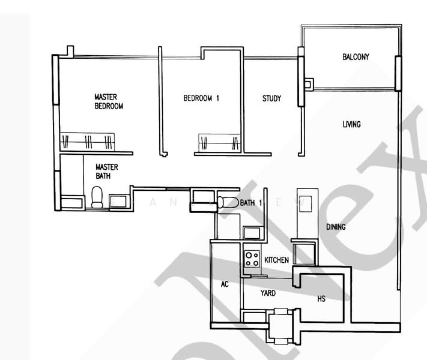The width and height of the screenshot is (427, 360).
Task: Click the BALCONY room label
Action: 356,58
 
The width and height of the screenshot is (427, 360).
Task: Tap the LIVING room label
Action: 351,125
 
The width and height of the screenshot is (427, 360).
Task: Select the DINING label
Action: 336,227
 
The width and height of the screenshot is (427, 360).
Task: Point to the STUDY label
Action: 271,99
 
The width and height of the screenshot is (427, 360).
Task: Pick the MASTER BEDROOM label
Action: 109,101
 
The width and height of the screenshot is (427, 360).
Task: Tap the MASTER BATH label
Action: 107,172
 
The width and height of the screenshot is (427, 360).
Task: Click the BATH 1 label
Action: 252,203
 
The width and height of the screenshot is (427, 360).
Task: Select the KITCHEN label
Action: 277,260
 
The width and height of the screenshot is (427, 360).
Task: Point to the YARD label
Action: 268,293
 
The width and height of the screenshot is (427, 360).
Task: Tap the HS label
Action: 321,298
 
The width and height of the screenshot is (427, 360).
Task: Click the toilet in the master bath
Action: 97,197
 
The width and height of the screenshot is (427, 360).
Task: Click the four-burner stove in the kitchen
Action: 252,259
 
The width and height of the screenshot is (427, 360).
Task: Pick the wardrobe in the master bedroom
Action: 88,142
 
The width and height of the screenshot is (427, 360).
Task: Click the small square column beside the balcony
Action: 308,84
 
